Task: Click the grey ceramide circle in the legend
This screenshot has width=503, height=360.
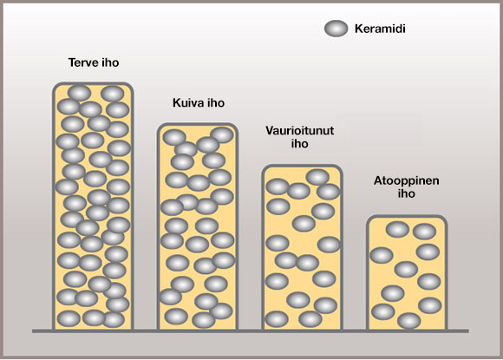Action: (336, 29)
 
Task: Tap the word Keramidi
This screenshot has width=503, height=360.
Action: (380, 29)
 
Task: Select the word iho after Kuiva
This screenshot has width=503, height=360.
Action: (216, 102)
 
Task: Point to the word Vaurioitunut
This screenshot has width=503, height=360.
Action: (299, 130)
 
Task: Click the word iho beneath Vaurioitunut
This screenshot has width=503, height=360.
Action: (299, 143)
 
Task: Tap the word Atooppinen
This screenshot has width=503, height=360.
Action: (407, 180)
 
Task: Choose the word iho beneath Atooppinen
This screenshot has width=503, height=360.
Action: (407, 193)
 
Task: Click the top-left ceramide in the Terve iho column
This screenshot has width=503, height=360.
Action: (79, 93)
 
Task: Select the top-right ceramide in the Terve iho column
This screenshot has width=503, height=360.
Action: (112, 94)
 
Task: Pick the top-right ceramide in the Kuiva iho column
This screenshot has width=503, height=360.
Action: (222, 134)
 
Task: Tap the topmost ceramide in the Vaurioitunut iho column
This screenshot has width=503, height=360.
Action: (317, 177)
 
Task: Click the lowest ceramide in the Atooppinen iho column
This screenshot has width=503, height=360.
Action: (409, 321)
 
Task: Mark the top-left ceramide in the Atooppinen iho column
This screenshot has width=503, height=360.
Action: (397, 229)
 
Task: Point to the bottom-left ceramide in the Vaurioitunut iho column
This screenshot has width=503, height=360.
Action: (277, 319)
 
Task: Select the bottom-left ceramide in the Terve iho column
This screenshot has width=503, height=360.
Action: (69, 318)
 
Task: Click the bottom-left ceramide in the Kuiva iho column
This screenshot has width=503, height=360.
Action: (176, 317)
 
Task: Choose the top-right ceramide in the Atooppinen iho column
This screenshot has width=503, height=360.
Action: (424, 232)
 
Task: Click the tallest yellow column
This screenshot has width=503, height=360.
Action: (93, 206)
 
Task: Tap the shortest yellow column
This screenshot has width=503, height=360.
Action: (407, 272)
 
